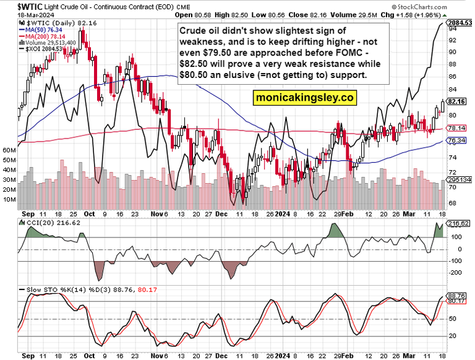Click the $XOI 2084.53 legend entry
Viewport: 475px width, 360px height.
click(45, 49)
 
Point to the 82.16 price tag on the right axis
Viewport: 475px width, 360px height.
click(456, 101)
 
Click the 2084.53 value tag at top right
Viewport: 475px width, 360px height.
click(458, 23)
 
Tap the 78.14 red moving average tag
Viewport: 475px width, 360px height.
click(456, 128)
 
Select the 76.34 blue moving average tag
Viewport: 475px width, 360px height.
click(456, 140)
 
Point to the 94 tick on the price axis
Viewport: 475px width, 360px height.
click(453, 40)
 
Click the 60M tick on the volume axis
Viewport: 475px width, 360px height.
click(9, 150)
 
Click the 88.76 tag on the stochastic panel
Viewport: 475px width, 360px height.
click(456, 296)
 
